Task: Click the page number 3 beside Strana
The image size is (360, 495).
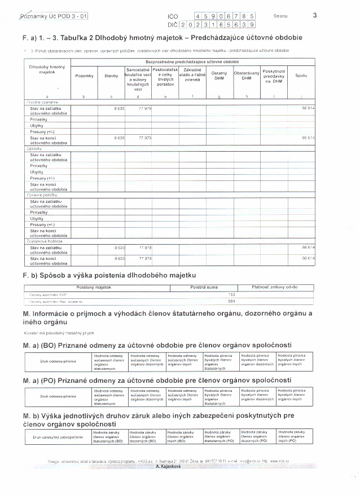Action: click(314, 16)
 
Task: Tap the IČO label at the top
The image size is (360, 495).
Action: click(173, 17)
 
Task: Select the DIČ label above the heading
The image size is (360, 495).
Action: click(173, 25)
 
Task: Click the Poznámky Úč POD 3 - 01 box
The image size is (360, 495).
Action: click(54, 17)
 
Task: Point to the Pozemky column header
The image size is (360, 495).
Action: click(84, 76)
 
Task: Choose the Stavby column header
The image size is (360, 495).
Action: click(111, 76)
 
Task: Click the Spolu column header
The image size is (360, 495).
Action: click(301, 76)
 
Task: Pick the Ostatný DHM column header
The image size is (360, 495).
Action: click(219, 76)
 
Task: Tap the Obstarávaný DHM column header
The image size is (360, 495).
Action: click(247, 76)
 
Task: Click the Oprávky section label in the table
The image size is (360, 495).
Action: click(35, 148)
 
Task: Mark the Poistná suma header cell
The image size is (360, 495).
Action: click(204, 287)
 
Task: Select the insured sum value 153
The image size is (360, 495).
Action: click(231, 294)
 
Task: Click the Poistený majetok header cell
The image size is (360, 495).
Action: click(94, 287)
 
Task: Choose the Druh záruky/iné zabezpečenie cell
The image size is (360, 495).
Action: click(58, 437)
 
